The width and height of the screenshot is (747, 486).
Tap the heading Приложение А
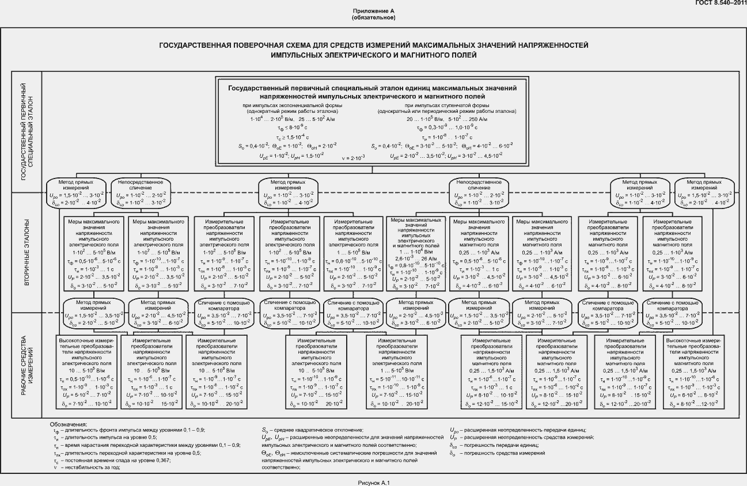coord(373,12)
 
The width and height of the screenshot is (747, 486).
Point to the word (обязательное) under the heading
coord(373,18)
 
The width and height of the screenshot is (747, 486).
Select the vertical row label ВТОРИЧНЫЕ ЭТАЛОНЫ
coord(26,252)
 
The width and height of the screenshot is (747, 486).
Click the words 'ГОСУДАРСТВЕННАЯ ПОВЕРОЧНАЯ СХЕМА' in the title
coord(230,44)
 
